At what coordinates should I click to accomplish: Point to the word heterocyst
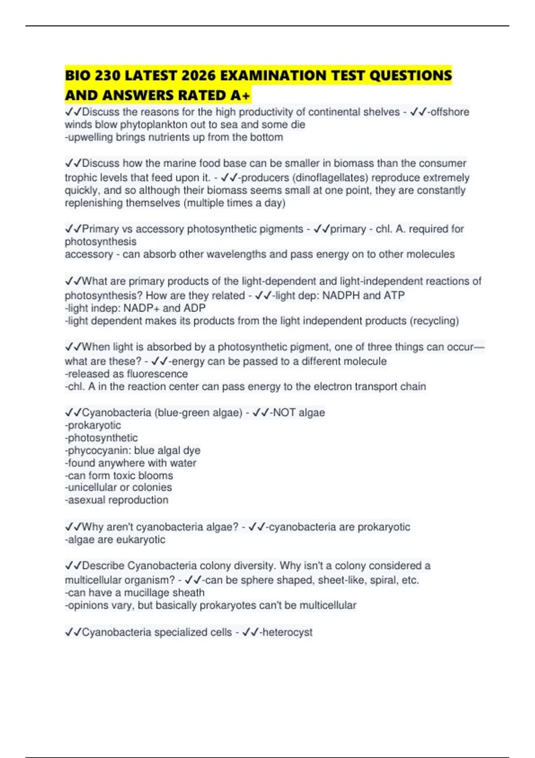tap(288, 632)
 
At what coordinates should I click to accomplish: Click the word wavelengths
tap(232, 254)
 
